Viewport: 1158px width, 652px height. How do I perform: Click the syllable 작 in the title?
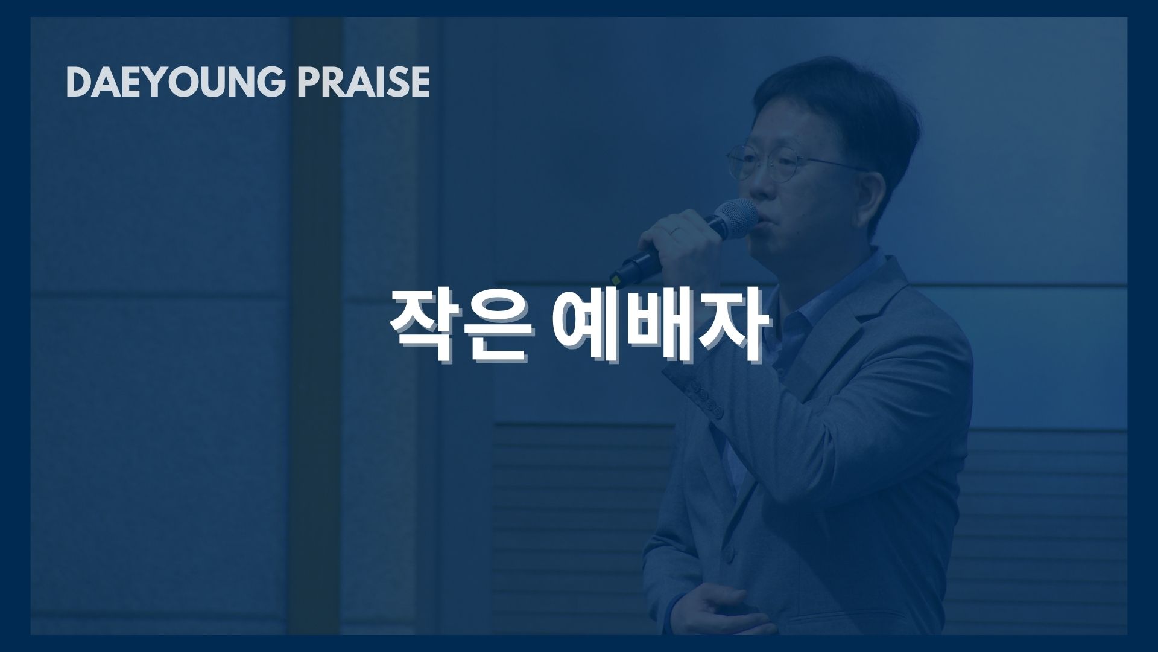coord(425,327)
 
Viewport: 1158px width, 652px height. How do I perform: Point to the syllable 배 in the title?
coord(661,327)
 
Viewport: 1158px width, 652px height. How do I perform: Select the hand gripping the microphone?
coord(682,241)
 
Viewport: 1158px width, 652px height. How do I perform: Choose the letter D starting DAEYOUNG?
coord(78,82)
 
